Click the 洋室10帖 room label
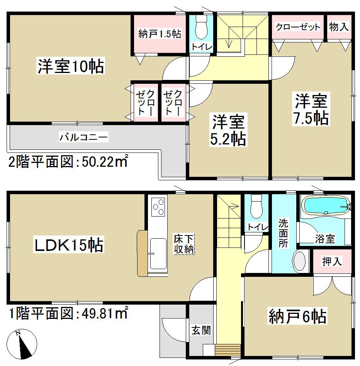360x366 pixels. click(x=71, y=66)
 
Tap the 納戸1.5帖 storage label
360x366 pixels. click(x=160, y=34)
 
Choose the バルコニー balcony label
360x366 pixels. click(x=83, y=137)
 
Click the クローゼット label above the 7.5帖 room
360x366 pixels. click(x=297, y=27)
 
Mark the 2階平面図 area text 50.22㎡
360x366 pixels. click(x=68, y=163)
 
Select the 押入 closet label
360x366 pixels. click(x=332, y=261)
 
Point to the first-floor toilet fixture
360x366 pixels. click(x=256, y=207)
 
